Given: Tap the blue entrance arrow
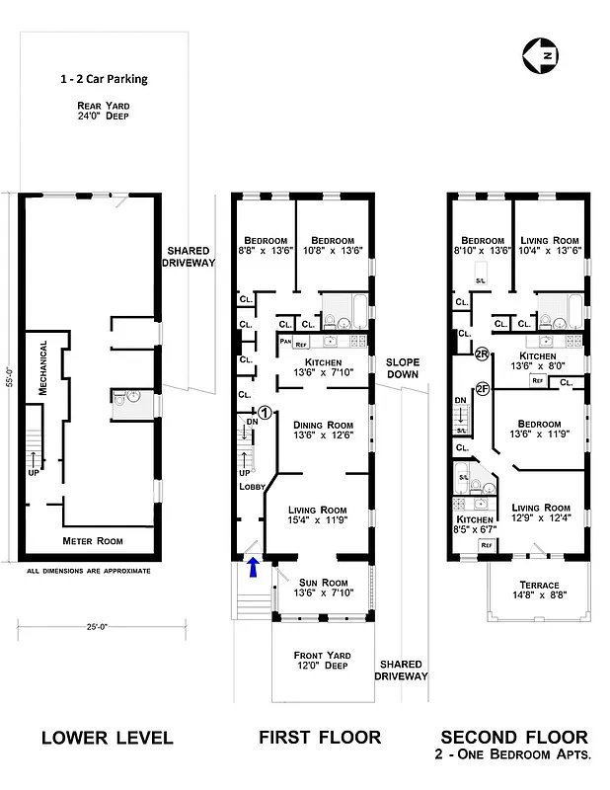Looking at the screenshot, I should (253, 566).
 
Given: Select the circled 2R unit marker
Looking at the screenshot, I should (483, 354).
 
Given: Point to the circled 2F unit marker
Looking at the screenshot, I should (483, 388).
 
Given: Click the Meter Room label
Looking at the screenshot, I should (92, 541).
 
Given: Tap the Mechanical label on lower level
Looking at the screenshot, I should (43, 369).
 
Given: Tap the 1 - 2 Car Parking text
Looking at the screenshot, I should (103, 79).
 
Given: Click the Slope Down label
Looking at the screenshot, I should (402, 368).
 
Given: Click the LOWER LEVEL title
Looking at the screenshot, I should (107, 738).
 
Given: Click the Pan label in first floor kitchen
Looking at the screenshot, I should (285, 342).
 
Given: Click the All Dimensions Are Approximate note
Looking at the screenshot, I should (89, 571).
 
